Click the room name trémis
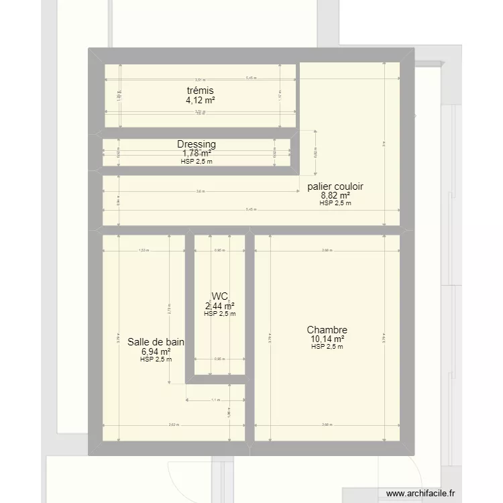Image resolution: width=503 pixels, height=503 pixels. coord(201,91)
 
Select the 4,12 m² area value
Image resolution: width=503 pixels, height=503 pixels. coord(201,100)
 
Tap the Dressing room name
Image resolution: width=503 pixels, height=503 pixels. coord(197,144)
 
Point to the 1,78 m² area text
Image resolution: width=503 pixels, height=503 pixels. coord(197,154)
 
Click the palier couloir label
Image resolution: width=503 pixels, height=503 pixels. coord(335,186)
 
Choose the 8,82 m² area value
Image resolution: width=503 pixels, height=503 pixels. coord(335,196)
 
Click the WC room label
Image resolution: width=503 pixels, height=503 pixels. coord(220,296)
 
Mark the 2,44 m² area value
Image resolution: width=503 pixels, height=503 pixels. coord(220,306)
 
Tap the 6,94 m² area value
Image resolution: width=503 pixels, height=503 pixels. coord(156,351)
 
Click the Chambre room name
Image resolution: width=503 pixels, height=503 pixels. coord(327,330)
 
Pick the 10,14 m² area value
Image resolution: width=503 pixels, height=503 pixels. coord(327,339)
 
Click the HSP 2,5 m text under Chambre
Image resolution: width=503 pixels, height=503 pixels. coord(327,347)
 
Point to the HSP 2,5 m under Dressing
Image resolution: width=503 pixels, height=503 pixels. coord(197,161)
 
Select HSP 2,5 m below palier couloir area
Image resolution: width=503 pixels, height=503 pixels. coord(335,203)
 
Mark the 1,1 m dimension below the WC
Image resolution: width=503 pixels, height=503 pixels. coord(215,400)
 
